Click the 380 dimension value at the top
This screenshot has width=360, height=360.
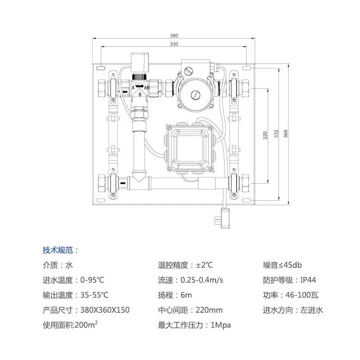(174, 36)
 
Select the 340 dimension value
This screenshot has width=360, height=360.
(174, 44)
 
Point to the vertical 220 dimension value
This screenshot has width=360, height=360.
(265, 135)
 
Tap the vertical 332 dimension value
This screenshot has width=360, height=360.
(276, 134)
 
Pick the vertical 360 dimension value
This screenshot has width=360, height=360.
(286, 134)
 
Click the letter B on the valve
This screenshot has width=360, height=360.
(140, 94)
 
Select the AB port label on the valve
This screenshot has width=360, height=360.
(147, 87)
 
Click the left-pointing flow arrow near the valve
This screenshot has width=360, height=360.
(125, 92)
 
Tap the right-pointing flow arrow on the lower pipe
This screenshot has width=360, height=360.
(123, 183)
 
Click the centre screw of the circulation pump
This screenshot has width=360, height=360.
(195, 94)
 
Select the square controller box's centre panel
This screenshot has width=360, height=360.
(189, 148)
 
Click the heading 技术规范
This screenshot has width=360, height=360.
(58, 250)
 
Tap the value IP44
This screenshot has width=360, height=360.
(308, 280)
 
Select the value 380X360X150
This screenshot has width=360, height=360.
(105, 310)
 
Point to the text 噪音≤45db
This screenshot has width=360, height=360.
(283, 265)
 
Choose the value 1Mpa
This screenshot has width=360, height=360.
(221, 325)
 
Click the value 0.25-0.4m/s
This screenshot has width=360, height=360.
(202, 280)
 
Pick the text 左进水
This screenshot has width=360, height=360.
(311, 310)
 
